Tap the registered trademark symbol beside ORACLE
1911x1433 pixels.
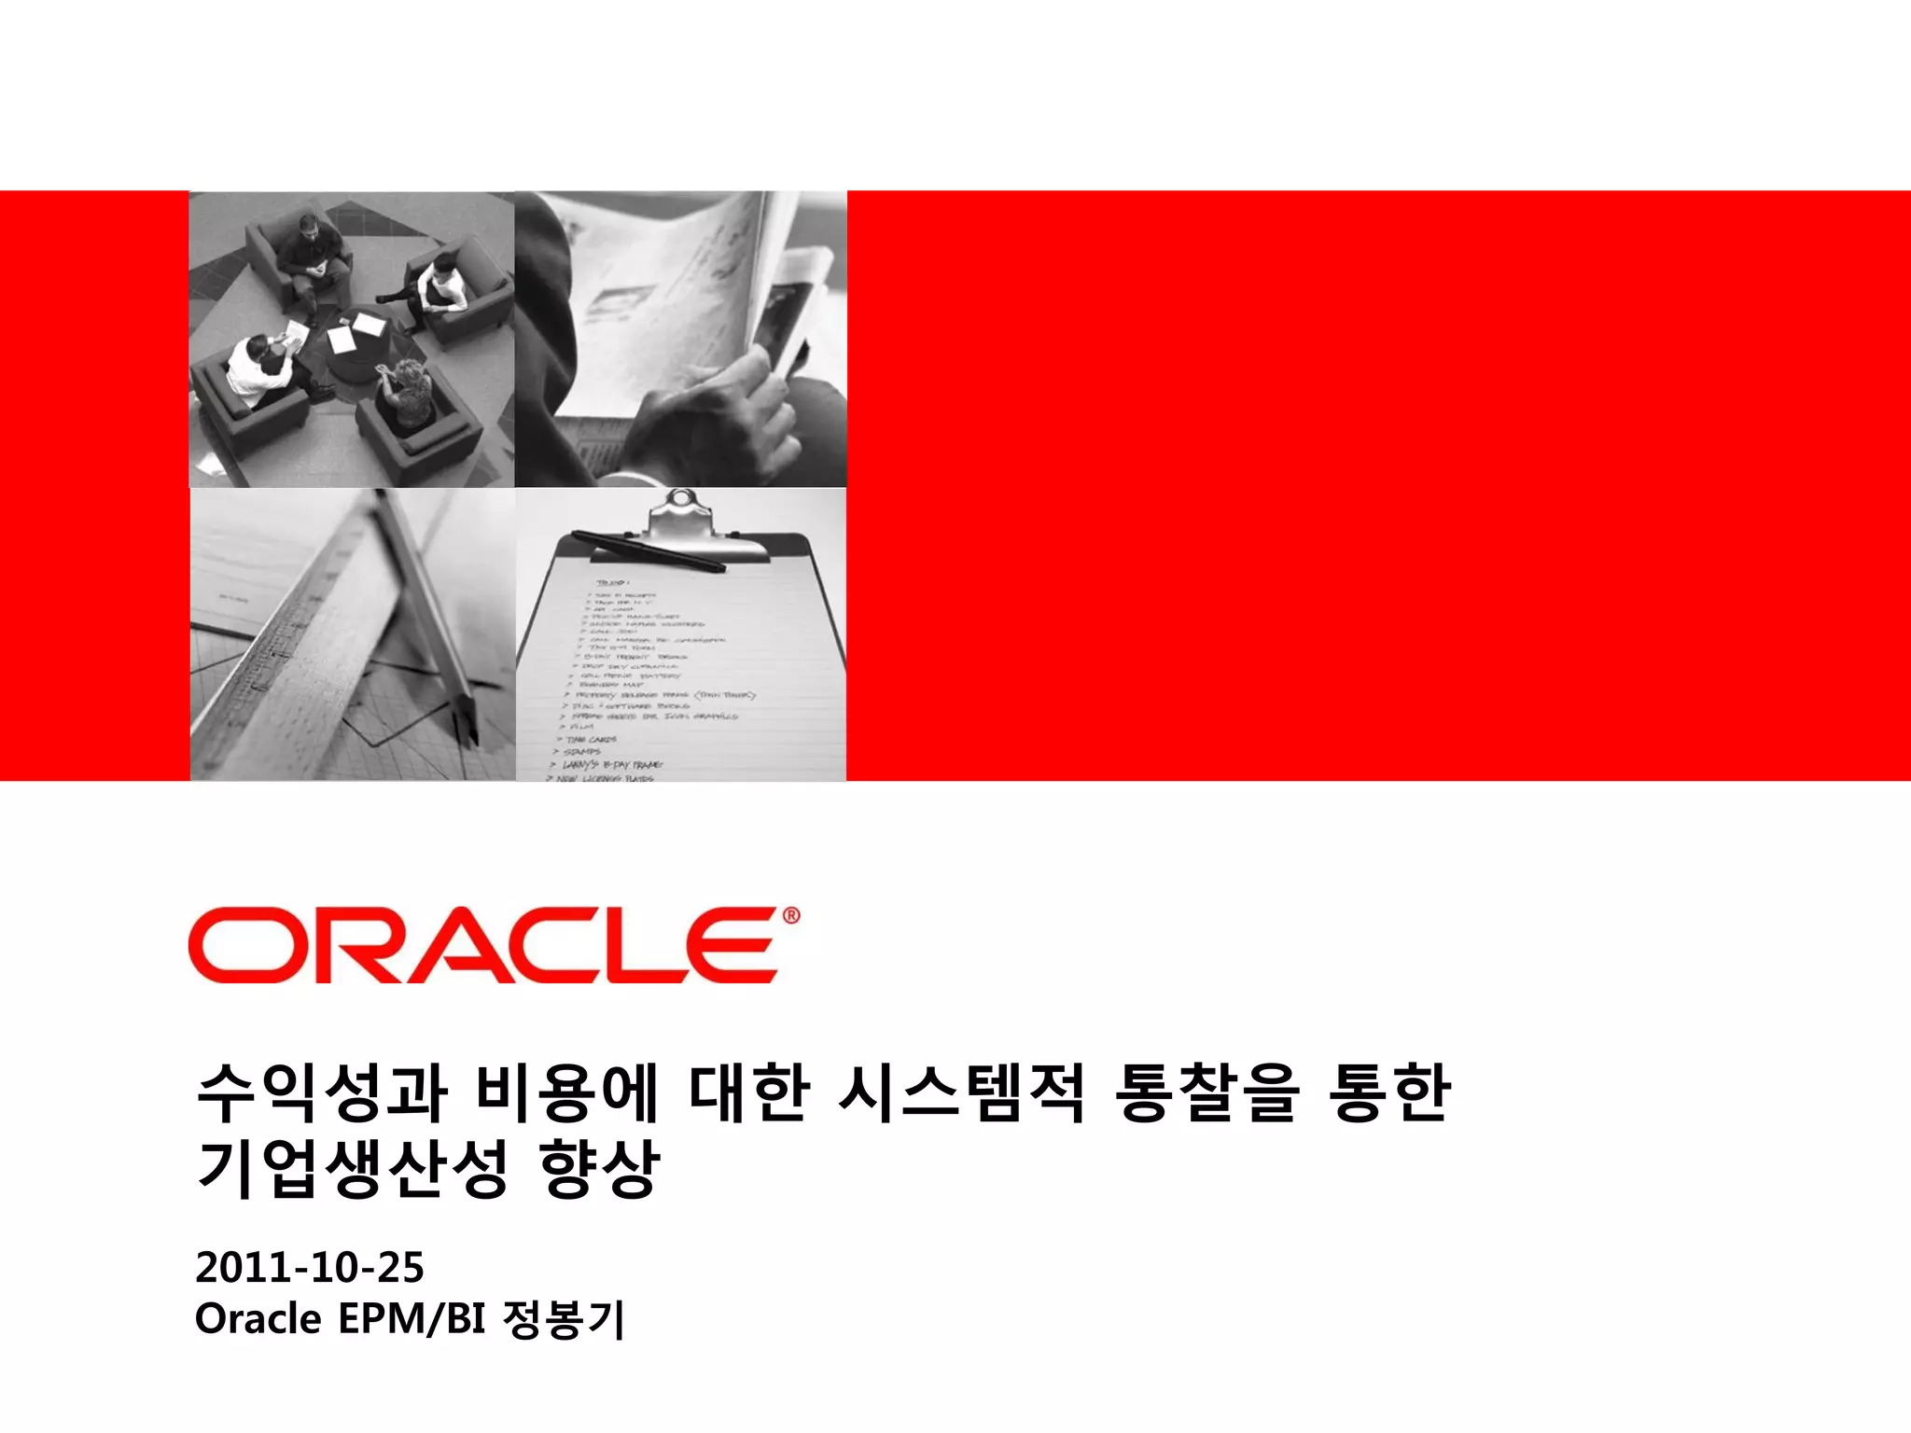pyautogui.click(x=790, y=916)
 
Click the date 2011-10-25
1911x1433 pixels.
pyautogui.click(x=310, y=1267)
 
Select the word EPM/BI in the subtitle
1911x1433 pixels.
pyautogui.click(x=411, y=1319)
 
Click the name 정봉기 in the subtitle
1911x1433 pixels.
pyautogui.click(x=563, y=1319)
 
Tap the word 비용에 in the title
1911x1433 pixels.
pyautogui.click(x=566, y=1092)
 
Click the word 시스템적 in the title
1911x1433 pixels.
pyautogui.click(x=961, y=1092)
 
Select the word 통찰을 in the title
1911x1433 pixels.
pyautogui.click(x=1207, y=1092)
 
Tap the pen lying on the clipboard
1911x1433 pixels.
pyautogui.click(x=648, y=550)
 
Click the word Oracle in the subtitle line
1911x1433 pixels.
pyautogui.click(x=258, y=1319)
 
